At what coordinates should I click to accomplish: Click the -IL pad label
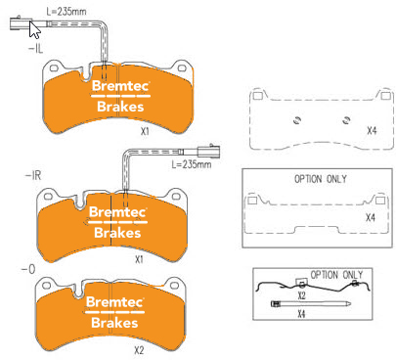pos(36,49)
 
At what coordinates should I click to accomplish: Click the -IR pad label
pos(33,176)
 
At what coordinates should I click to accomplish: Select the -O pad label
pos(28,269)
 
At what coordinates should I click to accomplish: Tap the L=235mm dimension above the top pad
pos(66,12)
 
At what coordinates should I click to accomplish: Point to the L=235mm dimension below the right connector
pos(192,164)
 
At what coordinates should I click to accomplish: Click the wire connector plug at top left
pos(21,23)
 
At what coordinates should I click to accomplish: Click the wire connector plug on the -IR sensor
pos(208,151)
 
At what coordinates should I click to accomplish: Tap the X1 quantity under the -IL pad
pos(145,131)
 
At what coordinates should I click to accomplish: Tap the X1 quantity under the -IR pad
pos(139,259)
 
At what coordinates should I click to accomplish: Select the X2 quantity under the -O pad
pos(139,350)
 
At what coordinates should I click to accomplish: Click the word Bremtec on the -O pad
pos(114,302)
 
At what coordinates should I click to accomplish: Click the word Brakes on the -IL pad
pos(120,107)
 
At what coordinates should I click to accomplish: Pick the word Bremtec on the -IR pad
pos(117,212)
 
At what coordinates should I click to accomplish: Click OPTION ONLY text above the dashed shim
pos(321,179)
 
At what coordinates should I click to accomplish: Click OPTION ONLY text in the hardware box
pos(336,275)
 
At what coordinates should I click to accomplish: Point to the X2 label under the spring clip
pos(301,295)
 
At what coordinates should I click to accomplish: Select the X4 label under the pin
pos(301,314)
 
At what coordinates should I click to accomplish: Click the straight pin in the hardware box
pos(311,304)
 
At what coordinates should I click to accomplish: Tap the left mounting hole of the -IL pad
pos(54,68)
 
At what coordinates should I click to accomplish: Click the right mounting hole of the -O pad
pos(175,286)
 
